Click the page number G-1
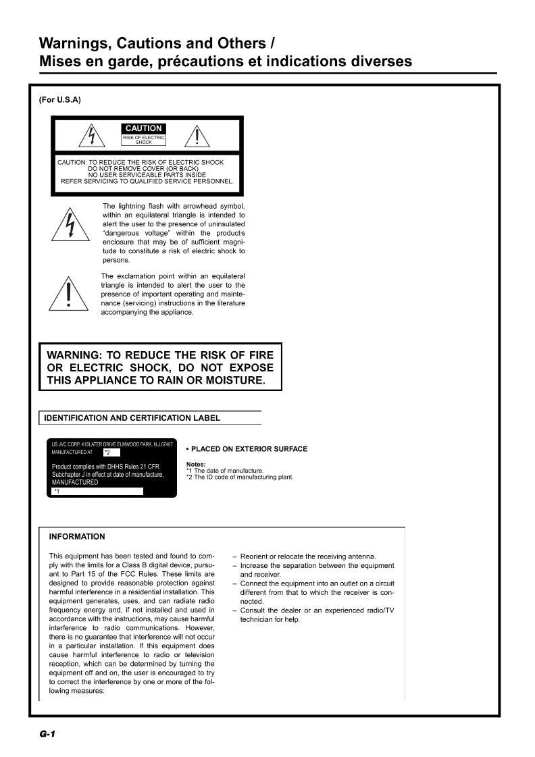click(47, 734)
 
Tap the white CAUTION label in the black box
click(143, 128)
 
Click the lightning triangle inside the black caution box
click(92, 136)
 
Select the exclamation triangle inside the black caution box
click(197, 136)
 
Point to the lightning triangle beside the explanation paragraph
click(70, 226)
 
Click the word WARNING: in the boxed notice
click(74, 355)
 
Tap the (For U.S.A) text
click(60, 100)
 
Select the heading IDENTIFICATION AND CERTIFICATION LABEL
click(132, 418)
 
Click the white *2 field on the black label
click(111, 452)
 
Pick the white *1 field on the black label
click(98, 492)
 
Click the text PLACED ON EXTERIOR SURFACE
click(249, 449)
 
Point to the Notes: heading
click(196, 465)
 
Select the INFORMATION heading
click(77, 537)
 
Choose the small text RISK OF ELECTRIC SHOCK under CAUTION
click(143, 140)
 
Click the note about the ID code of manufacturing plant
click(240, 477)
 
